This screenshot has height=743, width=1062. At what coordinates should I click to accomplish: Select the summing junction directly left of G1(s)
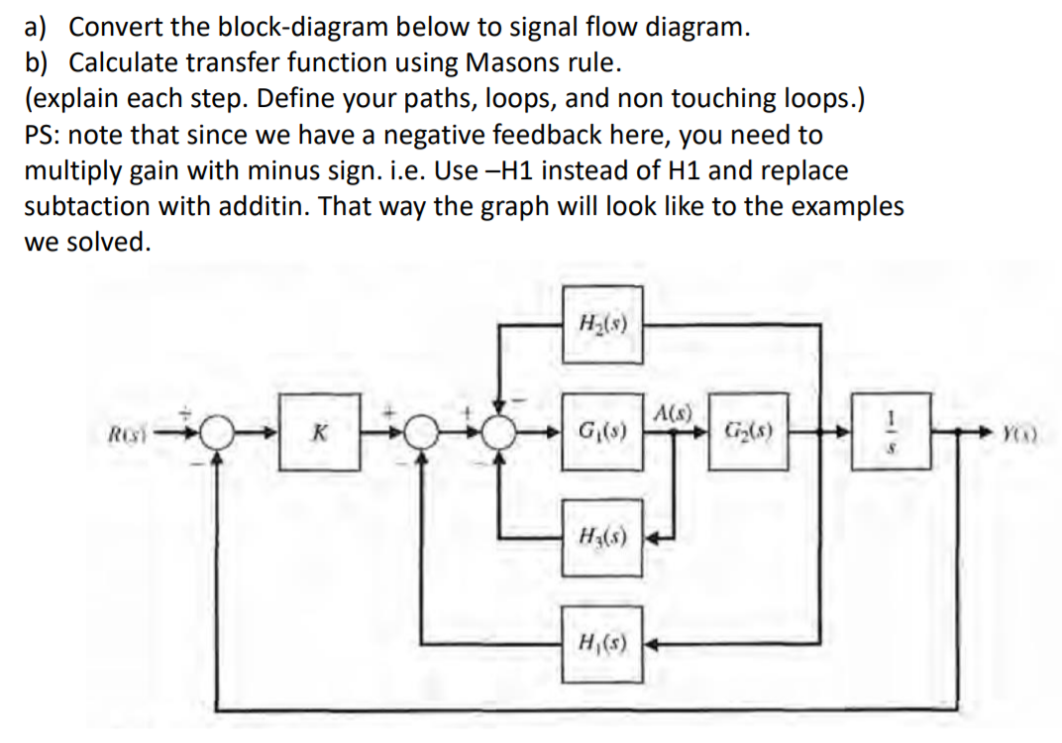point(508,434)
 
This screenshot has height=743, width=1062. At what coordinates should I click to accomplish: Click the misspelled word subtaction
point(84,206)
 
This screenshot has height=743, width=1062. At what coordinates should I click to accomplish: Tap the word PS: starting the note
point(46,135)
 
